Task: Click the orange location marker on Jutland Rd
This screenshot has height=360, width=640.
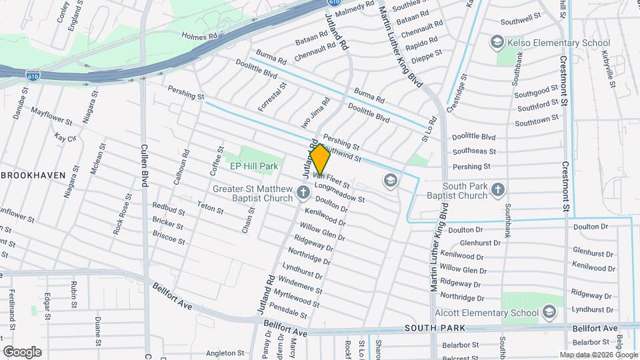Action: [320, 160]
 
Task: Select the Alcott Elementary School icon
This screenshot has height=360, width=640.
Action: [549, 312]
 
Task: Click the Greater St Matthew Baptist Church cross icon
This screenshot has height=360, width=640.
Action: [303, 193]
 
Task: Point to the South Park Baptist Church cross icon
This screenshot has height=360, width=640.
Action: [497, 191]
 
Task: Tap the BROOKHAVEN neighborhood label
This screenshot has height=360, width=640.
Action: [33, 175]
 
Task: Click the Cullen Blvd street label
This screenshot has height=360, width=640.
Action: [144, 165]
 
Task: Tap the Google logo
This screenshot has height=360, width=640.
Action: [22, 351]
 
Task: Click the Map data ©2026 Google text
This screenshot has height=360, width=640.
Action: [599, 355]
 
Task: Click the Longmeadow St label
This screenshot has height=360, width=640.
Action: [341, 194]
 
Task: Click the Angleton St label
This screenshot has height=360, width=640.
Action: [222, 353]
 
